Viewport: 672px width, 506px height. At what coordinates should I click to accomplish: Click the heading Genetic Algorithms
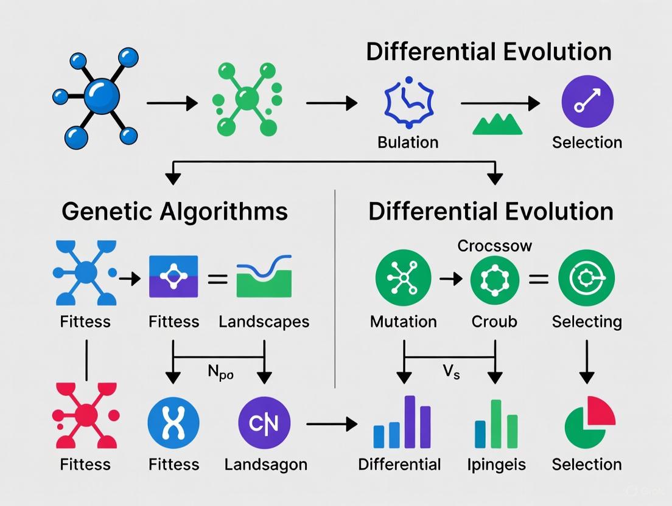[175, 212]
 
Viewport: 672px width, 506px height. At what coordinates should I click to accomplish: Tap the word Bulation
[408, 142]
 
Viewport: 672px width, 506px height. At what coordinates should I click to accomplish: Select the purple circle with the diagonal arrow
[587, 102]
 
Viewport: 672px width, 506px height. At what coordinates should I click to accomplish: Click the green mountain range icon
[498, 124]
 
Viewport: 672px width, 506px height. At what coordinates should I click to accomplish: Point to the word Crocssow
[494, 246]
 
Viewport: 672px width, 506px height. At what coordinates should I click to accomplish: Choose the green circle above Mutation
[403, 279]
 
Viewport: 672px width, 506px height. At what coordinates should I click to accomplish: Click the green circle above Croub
[494, 280]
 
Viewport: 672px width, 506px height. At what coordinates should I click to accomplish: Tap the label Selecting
[587, 321]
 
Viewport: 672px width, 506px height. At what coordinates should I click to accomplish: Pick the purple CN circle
[264, 423]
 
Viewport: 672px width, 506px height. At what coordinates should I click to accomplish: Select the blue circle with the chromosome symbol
[173, 423]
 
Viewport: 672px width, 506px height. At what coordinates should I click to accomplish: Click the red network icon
[86, 416]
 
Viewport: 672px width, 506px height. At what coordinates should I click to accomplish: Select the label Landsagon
[265, 465]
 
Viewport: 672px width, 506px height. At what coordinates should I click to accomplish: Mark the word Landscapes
[264, 321]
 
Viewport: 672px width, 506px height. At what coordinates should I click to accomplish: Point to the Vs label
[451, 373]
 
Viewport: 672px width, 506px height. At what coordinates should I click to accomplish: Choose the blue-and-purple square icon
[173, 277]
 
